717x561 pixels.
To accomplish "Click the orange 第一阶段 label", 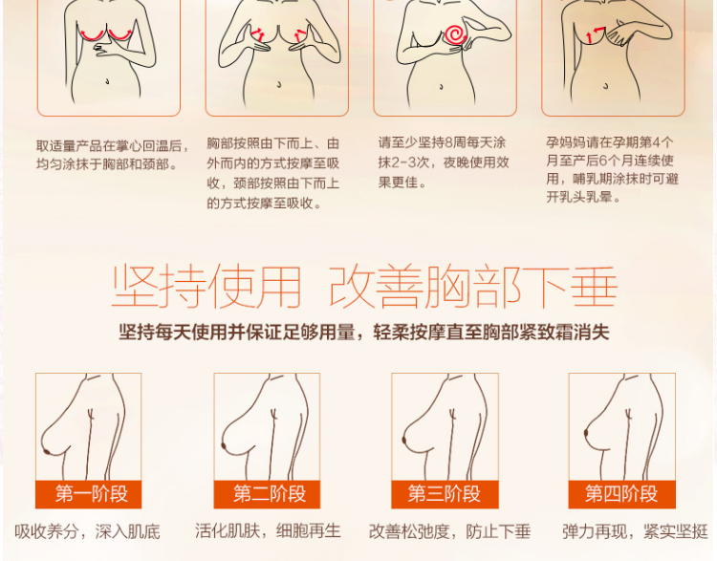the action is (x=88, y=494).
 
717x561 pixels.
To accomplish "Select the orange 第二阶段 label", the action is (x=267, y=494).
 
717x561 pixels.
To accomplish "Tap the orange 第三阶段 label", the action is (x=445, y=494).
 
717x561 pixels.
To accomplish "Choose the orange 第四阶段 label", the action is (x=622, y=494).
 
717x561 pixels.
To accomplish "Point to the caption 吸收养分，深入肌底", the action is (x=87, y=531).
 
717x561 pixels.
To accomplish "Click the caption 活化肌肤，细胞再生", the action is (x=268, y=531).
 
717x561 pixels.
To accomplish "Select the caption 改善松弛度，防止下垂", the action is (x=449, y=531).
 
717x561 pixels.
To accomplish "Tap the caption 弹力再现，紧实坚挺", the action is (x=635, y=531).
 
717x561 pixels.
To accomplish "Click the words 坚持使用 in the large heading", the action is (x=206, y=286).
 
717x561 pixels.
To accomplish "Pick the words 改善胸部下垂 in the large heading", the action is (x=474, y=286).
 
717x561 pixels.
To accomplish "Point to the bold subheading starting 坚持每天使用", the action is (x=364, y=333).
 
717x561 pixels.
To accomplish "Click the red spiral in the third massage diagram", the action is (x=455, y=34).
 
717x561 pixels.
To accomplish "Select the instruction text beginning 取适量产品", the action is (x=113, y=155).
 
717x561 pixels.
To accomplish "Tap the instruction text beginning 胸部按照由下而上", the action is (x=273, y=173).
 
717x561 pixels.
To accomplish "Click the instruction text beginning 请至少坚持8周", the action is (x=444, y=162).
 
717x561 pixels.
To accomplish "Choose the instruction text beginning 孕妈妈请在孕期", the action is (x=612, y=169).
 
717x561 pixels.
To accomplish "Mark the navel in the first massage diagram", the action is (x=107, y=82).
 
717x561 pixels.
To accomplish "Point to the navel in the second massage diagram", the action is (x=279, y=85).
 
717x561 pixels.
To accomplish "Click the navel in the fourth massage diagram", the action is (x=606, y=85).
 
